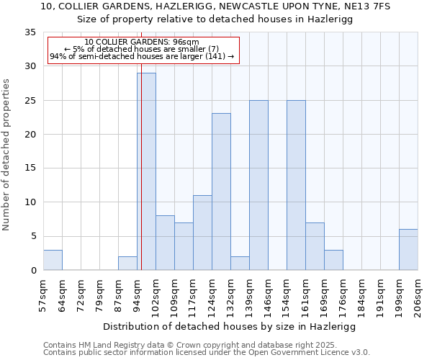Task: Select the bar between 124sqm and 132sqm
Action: click(221, 192)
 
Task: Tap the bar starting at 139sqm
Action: click(258, 185)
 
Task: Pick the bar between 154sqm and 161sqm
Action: click(296, 185)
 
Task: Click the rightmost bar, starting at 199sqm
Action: click(408, 250)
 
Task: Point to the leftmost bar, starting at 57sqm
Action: click(53, 260)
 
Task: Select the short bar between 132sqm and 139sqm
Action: click(240, 264)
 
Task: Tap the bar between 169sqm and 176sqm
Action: click(333, 260)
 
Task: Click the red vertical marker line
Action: click(141, 144)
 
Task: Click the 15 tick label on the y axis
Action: click(30, 168)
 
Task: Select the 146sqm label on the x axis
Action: click(268, 295)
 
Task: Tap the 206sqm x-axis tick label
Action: click(418, 295)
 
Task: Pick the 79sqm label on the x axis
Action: click(99, 295)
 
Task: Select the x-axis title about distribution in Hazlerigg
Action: click(229, 326)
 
